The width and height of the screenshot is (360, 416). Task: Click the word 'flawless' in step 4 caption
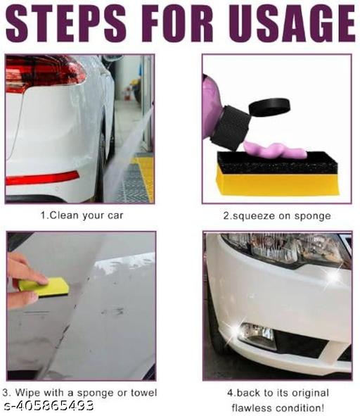point(254,408)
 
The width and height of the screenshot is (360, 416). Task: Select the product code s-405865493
point(49,405)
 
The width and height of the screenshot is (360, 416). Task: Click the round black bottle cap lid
point(269,107)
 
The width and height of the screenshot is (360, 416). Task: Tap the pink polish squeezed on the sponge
point(275,150)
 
